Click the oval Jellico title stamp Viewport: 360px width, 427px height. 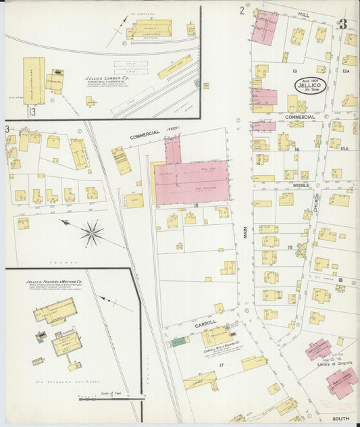point(311,86)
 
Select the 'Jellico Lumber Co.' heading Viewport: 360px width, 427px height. point(107,78)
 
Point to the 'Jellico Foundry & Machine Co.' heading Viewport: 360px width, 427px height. point(54,281)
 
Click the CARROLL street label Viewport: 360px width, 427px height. point(205,324)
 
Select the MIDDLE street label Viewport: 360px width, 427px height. point(301,184)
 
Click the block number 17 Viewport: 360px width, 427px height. point(221,365)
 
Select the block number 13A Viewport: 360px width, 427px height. point(346,70)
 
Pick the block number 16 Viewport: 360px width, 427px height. point(290,247)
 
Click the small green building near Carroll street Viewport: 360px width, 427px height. point(179,342)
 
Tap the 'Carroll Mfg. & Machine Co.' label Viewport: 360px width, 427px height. point(224,351)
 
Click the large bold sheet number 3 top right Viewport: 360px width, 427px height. point(343,24)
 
